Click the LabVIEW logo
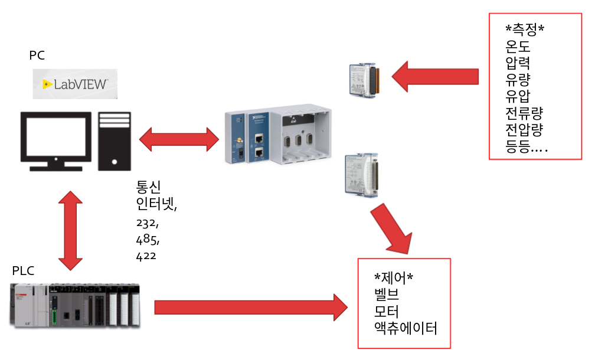(75, 84)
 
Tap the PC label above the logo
(37, 55)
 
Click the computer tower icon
(115, 141)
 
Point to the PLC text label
(23, 271)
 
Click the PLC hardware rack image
(75, 305)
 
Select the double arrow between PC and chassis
(179, 139)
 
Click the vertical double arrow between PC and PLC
(71, 231)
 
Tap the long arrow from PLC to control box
(251, 307)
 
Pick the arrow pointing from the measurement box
(435, 77)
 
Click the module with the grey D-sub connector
(362, 176)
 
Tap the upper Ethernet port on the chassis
(259, 138)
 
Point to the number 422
(146, 256)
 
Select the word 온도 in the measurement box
(518, 46)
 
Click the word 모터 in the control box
(386, 312)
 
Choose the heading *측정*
(525, 29)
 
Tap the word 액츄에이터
(406, 328)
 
